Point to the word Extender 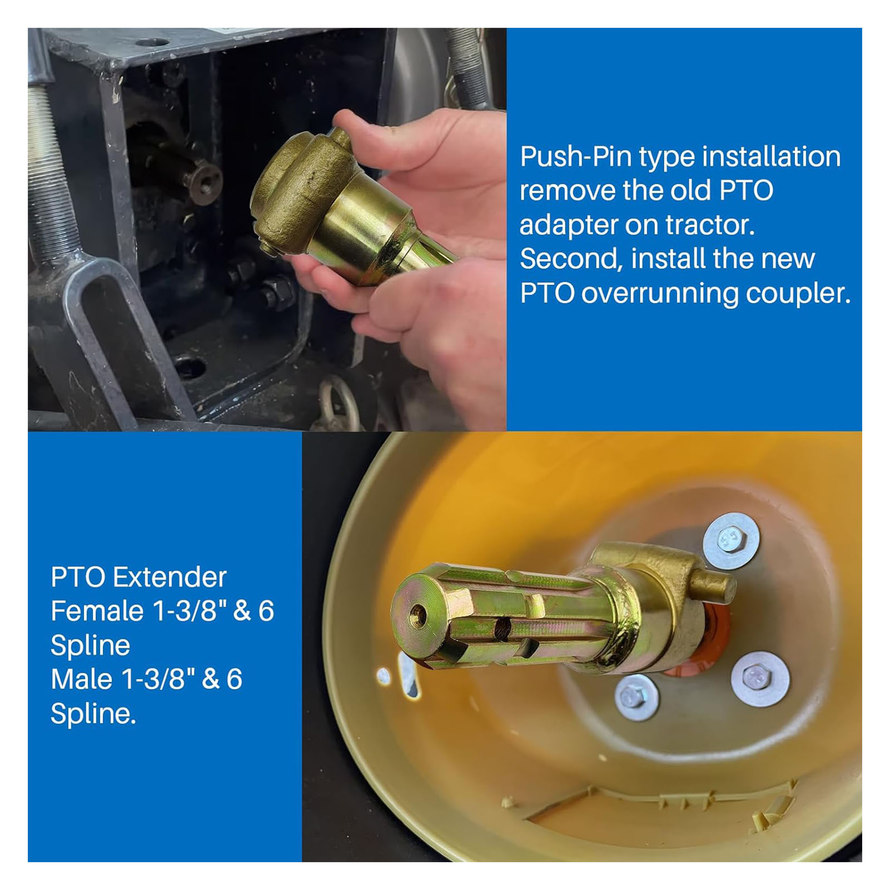click(170, 578)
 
